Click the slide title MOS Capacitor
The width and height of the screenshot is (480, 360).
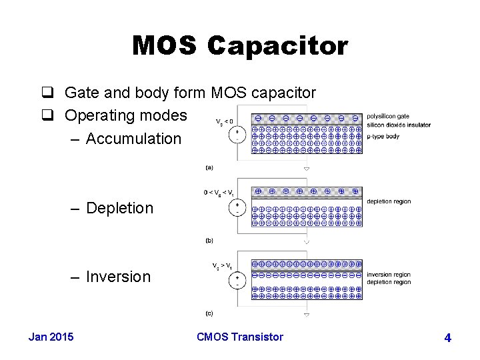[240, 46]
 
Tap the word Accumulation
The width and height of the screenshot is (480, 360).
[133, 139]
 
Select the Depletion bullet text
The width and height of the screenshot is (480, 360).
[119, 208]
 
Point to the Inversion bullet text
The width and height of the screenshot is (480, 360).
[118, 277]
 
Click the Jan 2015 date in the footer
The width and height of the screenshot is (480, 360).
[51, 337]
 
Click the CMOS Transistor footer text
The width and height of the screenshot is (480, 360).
[240, 337]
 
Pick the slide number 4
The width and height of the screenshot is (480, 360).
[447, 338]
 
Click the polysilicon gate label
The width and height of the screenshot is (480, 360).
[388, 117]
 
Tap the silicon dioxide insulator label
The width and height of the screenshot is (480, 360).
[398, 125]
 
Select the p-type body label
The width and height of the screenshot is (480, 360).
[383, 136]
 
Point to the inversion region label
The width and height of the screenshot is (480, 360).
[389, 275]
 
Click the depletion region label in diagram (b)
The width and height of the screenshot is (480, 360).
[389, 201]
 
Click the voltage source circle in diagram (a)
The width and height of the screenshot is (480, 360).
[238, 135]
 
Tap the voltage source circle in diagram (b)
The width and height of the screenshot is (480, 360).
[238, 207]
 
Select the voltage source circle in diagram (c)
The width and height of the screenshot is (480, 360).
[238, 280]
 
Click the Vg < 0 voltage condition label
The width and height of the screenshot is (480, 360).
[225, 122]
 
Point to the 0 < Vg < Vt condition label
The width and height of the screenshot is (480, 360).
[219, 193]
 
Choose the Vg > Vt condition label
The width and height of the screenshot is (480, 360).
[223, 265]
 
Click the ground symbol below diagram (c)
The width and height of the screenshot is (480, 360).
[306, 313]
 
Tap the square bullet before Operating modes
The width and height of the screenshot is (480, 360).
[53, 115]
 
